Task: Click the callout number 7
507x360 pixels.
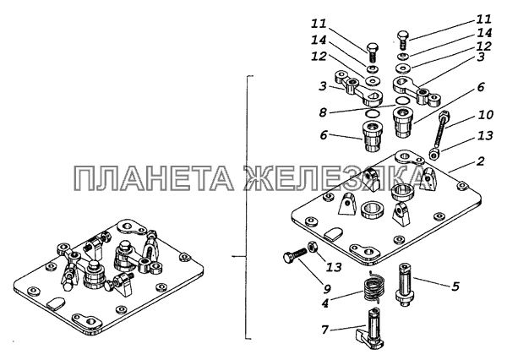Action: tap(325, 330)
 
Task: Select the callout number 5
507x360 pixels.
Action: tap(455, 286)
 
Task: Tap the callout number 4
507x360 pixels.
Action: tap(325, 303)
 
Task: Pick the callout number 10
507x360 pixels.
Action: tap(485, 114)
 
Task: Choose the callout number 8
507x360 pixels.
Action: tap(323, 113)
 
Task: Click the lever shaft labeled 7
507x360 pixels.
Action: tap(371, 330)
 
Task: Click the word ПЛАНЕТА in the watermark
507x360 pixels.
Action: tap(154, 177)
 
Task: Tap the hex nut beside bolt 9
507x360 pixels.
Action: tap(312, 247)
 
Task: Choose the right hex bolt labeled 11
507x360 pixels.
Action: tap(402, 40)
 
